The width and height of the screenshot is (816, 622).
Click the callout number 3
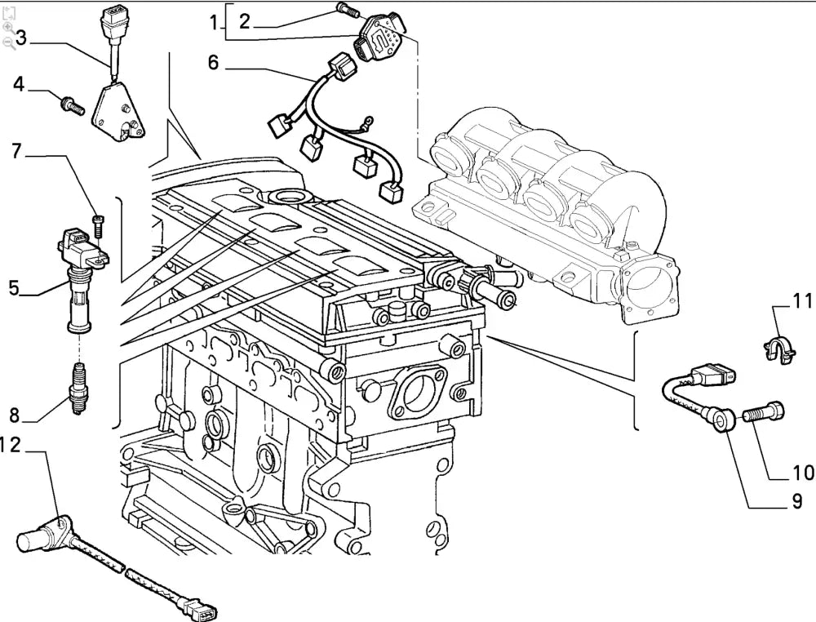21,38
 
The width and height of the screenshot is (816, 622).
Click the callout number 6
213,62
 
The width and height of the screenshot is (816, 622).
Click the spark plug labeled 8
78,389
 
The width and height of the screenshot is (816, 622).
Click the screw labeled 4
70,104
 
